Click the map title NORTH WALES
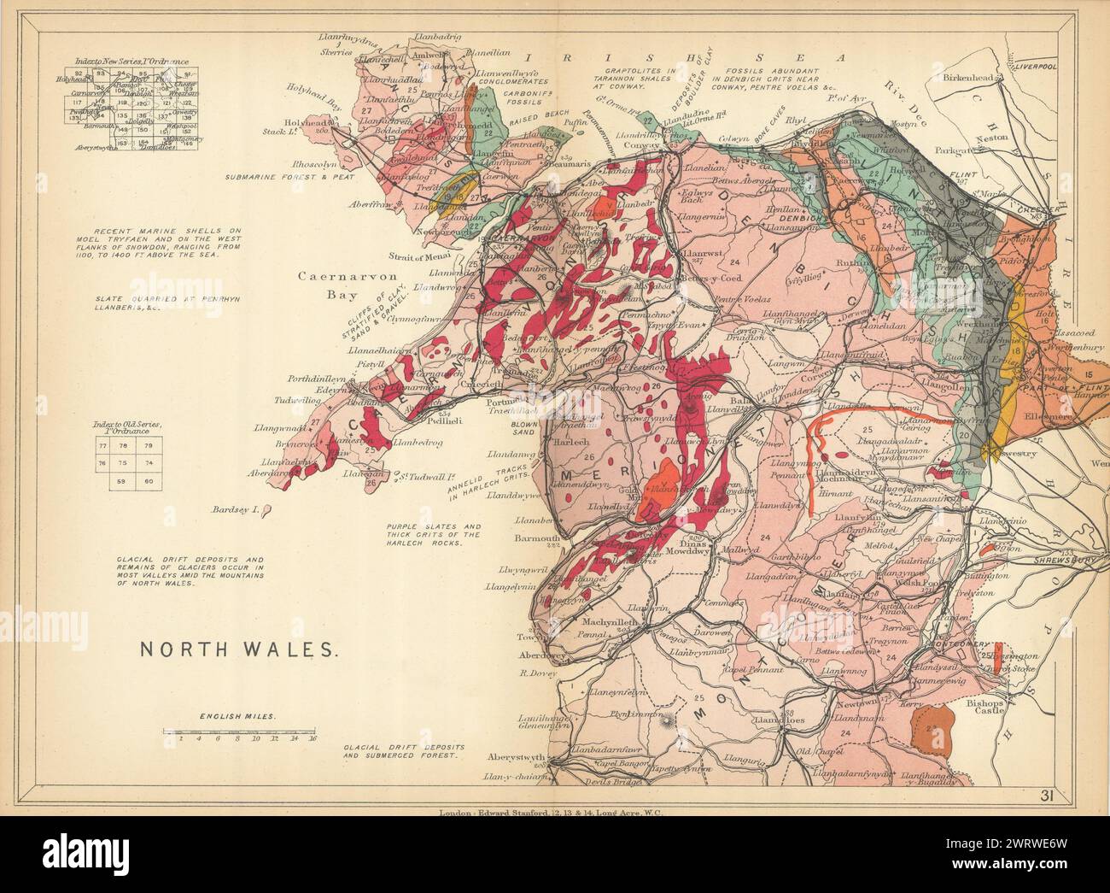(x=238, y=649)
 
